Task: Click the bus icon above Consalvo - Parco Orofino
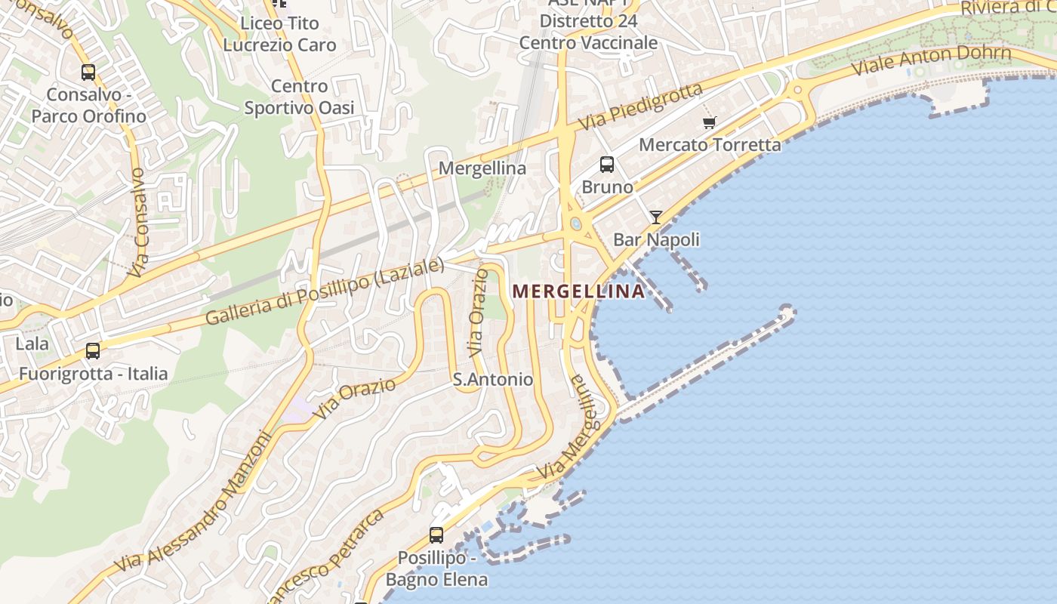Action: pos(88,72)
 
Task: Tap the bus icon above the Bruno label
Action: pos(606,164)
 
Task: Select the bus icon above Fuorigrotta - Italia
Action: pos(93,351)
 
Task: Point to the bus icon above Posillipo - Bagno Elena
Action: pos(436,535)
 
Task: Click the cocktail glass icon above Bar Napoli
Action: pos(656,217)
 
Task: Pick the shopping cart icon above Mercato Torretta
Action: pos(709,122)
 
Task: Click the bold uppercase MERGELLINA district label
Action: pos(579,291)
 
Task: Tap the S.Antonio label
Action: pos(493,379)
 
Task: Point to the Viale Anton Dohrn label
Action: pos(931,60)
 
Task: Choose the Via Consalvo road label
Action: pos(137,222)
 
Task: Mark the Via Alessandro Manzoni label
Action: pos(193,502)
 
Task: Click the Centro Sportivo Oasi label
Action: pos(299,97)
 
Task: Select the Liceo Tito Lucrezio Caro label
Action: pos(279,34)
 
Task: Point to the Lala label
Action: pos(32,344)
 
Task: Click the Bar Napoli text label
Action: pos(656,239)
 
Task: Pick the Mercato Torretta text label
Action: pos(710,144)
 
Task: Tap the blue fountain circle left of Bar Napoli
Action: pos(577,223)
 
